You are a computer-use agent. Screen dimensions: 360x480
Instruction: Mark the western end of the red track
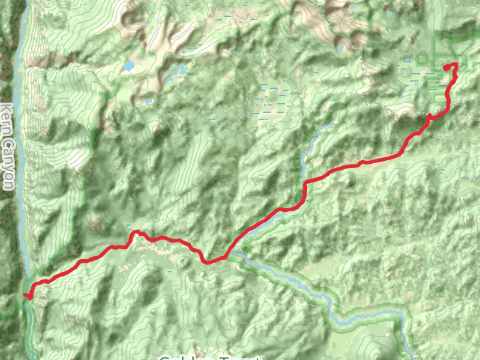click(x=25, y=295)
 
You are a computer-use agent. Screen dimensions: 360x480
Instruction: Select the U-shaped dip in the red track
click(x=208, y=261)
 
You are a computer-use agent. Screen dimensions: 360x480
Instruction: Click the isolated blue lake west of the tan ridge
click(x=129, y=65)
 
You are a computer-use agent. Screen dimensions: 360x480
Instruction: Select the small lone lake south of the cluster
click(x=148, y=101)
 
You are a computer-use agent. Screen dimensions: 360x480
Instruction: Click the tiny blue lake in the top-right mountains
click(x=340, y=48)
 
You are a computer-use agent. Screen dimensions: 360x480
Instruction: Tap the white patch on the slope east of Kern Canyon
click(x=76, y=159)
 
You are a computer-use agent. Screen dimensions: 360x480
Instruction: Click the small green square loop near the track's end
click(x=421, y=59)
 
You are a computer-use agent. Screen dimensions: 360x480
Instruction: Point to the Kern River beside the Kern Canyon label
click(x=20, y=138)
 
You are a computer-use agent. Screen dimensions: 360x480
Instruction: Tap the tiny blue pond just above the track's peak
click(x=130, y=226)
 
